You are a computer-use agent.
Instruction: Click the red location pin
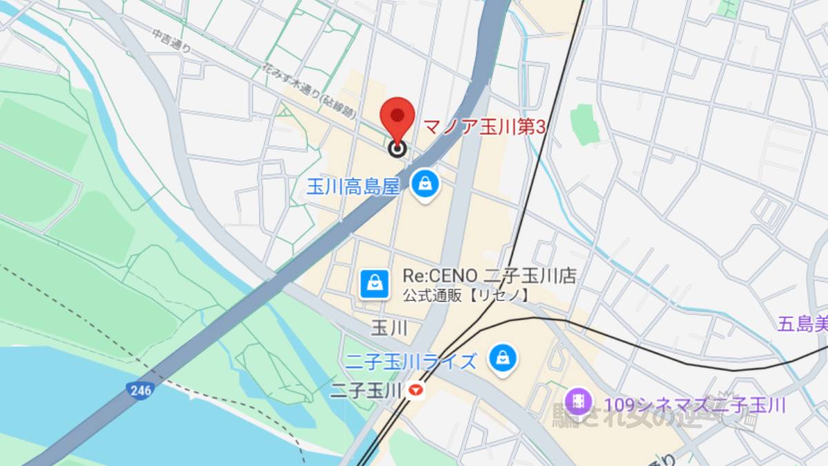click(x=398, y=116)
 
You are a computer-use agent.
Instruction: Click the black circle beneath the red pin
click(x=397, y=148)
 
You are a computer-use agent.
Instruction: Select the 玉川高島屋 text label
click(x=353, y=186)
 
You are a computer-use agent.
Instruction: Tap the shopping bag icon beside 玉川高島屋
click(x=426, y=184)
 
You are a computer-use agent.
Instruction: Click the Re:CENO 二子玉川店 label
click(x=489, y=277)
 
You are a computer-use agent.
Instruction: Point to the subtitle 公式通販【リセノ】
click(x=466, y=295)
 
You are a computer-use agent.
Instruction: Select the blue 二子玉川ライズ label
click(x=411, y=361)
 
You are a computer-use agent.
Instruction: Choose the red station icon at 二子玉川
click(x=415, y=391)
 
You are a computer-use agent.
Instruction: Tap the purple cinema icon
click(x=578, y=401)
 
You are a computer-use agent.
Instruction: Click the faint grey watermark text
click(x=635, y=416)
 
